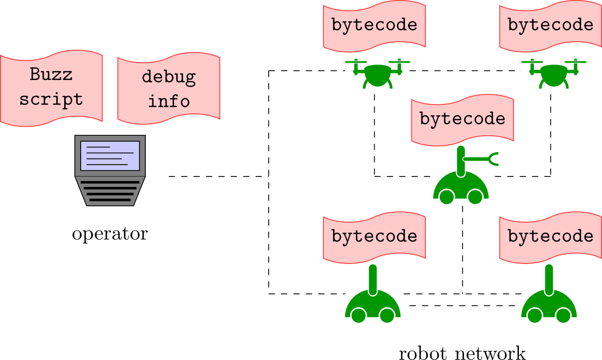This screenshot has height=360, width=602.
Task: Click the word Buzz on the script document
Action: (51, 74)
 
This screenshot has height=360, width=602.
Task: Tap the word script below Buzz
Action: (51, 99)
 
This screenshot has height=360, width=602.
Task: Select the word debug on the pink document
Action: (169, 77)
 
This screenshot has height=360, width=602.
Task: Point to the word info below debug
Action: (169, 101)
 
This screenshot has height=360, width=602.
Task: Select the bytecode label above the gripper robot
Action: (462, 119)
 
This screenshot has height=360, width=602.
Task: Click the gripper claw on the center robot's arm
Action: (494, 159)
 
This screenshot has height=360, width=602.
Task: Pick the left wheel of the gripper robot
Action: (446, 197)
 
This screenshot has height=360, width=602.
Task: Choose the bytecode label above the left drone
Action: (374, 25)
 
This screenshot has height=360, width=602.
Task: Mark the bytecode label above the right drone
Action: (550, 25)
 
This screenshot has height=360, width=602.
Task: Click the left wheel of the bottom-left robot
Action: (358, 315)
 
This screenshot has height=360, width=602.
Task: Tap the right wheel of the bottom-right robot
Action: (563, 315)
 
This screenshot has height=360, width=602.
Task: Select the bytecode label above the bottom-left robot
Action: (374, 236)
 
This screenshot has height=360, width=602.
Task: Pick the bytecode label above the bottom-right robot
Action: (550, 236)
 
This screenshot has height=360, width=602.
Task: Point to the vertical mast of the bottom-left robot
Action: (373, 279)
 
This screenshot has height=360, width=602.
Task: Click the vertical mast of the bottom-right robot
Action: (549, 279)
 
